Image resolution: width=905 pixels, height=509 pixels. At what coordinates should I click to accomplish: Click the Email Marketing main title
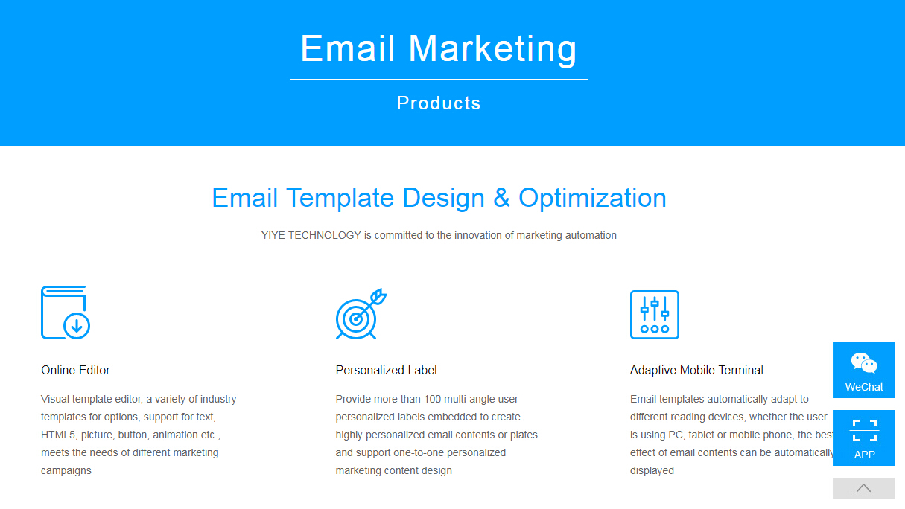click(439, 49)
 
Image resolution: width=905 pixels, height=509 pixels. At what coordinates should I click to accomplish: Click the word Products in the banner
click(439, 103)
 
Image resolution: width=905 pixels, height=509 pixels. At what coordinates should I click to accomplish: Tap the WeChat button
click(864, 370)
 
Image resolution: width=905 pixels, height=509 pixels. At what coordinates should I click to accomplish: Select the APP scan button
click(864, 438)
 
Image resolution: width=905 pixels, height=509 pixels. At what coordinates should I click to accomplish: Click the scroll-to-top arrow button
click(864, 488)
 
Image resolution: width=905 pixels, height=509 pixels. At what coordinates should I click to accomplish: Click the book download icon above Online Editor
click(66, 313)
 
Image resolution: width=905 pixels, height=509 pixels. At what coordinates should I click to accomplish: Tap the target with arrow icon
click(361, 313)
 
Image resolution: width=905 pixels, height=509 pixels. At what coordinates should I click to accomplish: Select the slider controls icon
click(655, 315)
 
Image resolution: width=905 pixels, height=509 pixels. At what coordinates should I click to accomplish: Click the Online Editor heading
click(75, 370)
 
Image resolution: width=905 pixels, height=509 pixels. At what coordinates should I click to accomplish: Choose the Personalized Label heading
click(386, 370)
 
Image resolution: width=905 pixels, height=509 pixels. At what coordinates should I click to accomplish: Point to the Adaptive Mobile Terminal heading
click(696, 370)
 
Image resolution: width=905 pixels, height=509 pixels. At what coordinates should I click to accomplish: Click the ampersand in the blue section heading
click(501, 198)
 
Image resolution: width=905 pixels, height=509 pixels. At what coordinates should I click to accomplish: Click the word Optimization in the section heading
click(592, 198)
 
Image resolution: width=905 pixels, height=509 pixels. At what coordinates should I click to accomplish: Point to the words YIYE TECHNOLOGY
click(311, 235)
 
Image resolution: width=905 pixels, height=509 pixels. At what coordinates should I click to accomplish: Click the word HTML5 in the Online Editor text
click(58, 435)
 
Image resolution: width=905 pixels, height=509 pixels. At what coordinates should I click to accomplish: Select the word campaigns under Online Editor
click(66, 470)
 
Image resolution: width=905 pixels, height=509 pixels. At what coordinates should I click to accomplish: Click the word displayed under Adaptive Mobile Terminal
click(652, 470)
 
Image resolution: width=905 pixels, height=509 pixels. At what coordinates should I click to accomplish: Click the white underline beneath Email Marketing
click(439, 80)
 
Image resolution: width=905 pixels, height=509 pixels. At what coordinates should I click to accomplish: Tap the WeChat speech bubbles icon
click(864, 363)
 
